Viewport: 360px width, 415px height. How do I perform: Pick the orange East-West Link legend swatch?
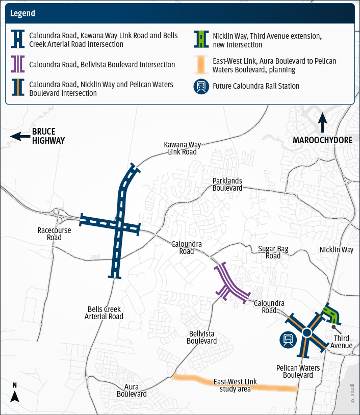click(x=202, y=64)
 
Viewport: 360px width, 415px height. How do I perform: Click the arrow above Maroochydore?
click(x=322, y=122)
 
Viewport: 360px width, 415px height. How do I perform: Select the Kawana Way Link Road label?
click(x=180, y=148)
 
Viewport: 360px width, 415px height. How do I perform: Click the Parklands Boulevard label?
click(x=227, y=185)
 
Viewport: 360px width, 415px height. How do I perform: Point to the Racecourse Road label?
click(x=54, y=234)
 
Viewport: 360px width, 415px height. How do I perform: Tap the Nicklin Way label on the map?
click(x=337, y=250)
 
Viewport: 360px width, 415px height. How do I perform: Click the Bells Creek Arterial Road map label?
click(x=104, y=313)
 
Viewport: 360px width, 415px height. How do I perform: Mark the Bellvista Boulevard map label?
click(x=202, y=337)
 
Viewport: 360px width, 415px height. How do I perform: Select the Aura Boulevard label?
click(x=132, y=391)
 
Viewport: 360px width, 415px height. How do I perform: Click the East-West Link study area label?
click(x=235, y=385)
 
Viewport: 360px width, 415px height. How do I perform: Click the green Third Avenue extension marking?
click(x=330, y=313)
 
